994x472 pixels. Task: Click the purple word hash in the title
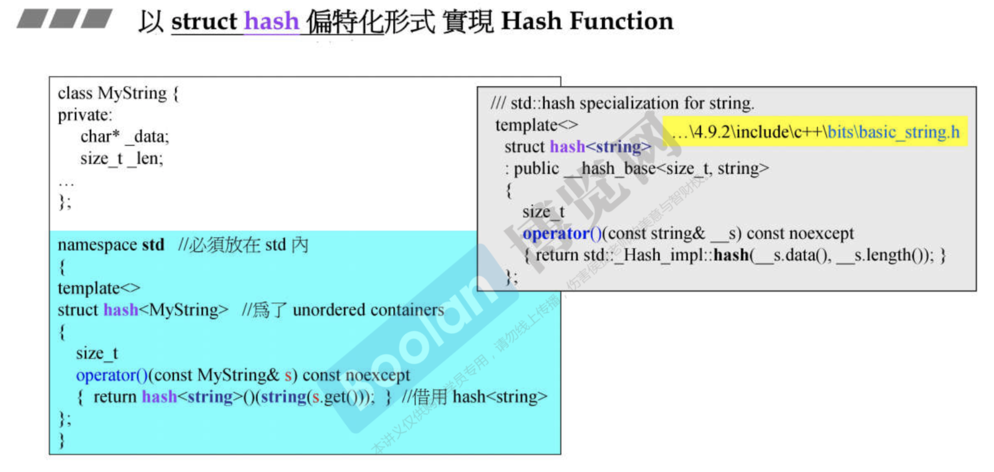pyautogui.click(x=271, y=22)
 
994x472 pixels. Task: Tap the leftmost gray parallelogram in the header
pyautogui.click(x=32, y=19)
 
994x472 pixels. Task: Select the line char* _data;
pyautogui.click(x=124, y=137)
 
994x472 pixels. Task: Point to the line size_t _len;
pyautogui.click(x=121, y=158)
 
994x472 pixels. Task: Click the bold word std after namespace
pyautogui.click(x=153, y=245)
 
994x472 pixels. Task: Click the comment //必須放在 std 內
pyautogui.click(x=243, y=245)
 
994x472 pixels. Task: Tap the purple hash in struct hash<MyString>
pyautogui.click(x=121, y=310)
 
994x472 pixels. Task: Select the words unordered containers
pyautogui.click(x=368, y=310)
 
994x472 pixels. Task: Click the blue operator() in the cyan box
pyautogui.click(x=111, y=375)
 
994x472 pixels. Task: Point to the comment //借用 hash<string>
pyautogui.click(x=474, y=397)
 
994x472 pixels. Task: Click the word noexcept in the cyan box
pyautogui.click(x=377, y=375)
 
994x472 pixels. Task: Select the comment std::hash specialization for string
pyautogui.click(x=622, y=104)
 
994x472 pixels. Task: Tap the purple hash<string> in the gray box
pyautogui.click(x=600, y=147)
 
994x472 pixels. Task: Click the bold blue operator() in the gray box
pyautogui.click(x=562, y=234)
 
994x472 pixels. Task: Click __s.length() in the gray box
pyautogui.click(x=884, y=255)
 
